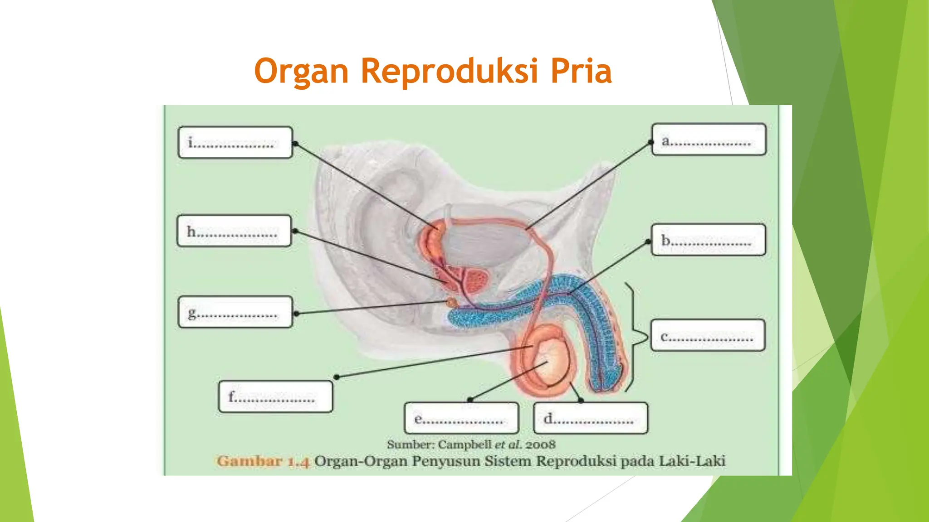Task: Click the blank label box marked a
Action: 709,140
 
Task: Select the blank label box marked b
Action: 708,240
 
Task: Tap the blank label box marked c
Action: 708,335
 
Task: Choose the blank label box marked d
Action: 591,418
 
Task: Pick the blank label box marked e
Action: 461,418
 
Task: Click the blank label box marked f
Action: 275,396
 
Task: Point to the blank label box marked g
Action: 235,312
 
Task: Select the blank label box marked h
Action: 234,231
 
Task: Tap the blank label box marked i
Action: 235,142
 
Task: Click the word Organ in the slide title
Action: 301,71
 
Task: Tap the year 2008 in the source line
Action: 540,445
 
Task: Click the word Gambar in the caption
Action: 249,461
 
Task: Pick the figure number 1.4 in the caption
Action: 298,462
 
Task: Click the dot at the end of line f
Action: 337,377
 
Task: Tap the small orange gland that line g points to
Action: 451,302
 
